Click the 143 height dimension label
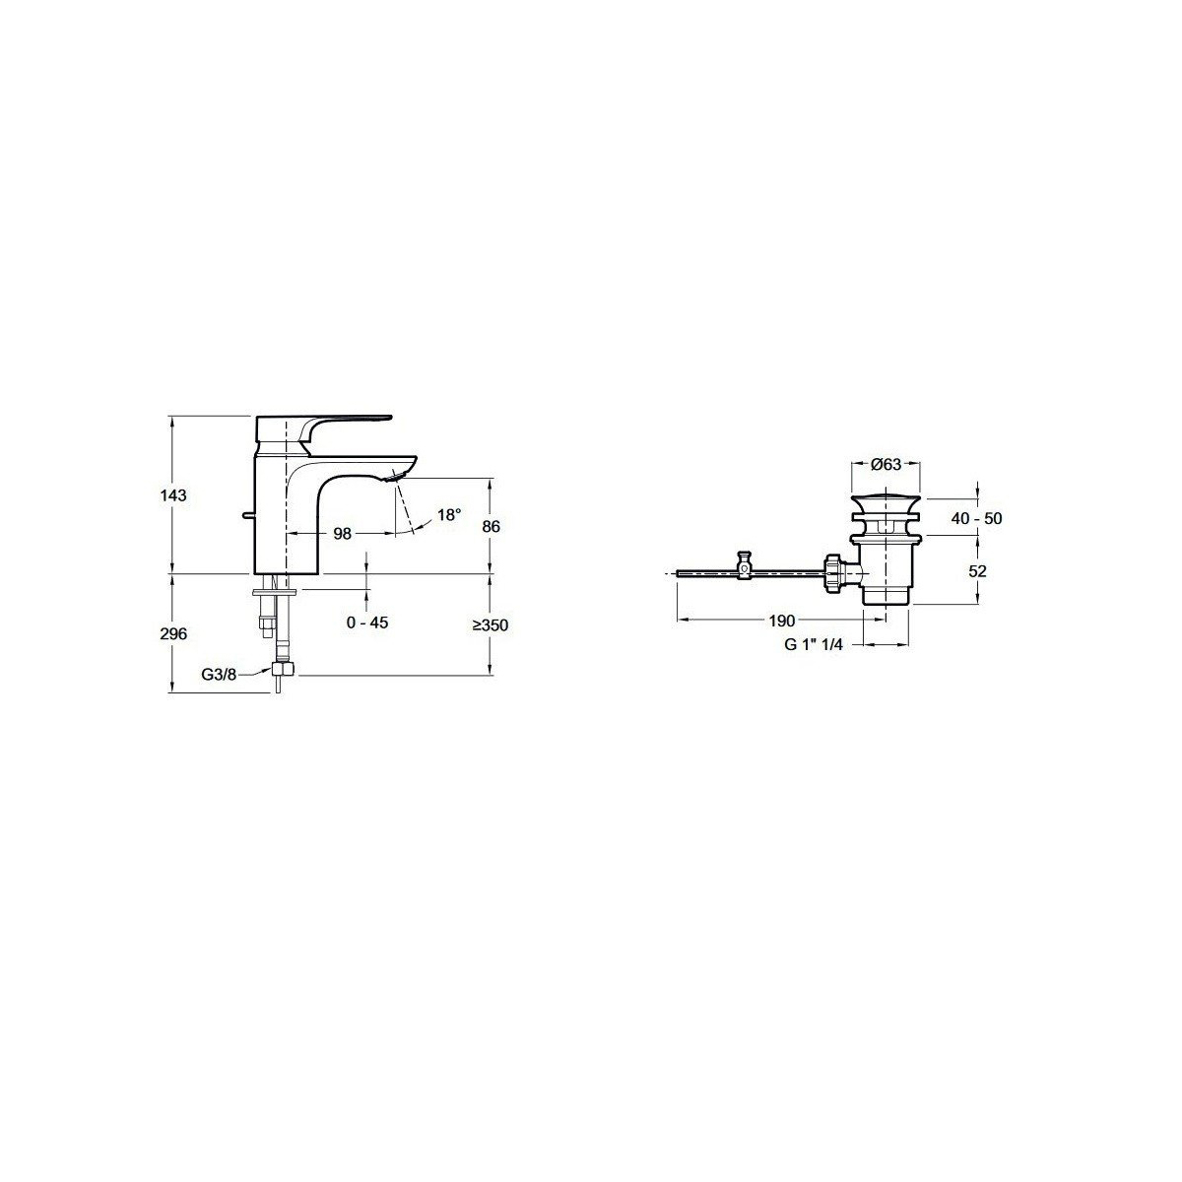click(x=174, y=495)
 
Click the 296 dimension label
click(x=173, y=633)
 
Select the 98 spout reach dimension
click(x=342, y=534)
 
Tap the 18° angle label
click(x=449, y=514)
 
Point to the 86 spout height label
click(x=491, y=526)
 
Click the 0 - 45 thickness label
click(x=367, y=623)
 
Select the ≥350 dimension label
click(x=491, y=625)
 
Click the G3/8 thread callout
click(x=219, y=675)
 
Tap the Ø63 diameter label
click(x=886, y=464)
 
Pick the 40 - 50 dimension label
click(x=976, y=518)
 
